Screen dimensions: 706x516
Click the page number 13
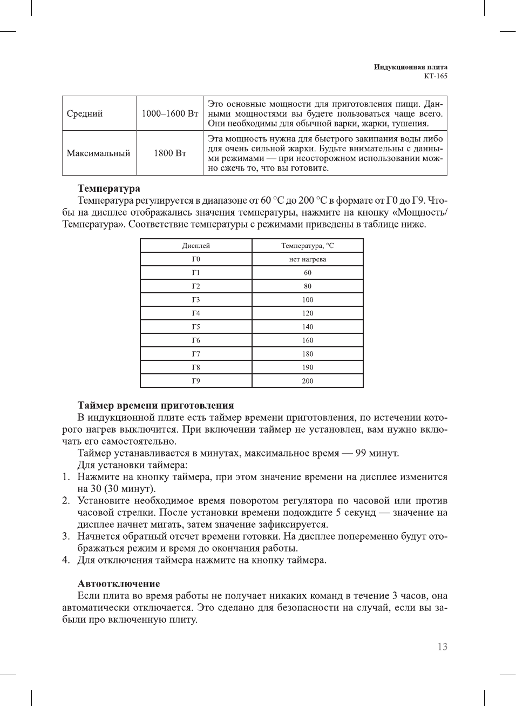(x=442, y=647)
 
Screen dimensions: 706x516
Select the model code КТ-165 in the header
(x=435, y=76)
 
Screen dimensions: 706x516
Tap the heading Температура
(x=108, y=189)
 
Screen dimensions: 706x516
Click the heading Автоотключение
(x=119, y=584)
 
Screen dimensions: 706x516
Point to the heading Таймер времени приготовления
(x=155, y=406)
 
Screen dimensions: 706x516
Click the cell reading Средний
(x=85, y=113)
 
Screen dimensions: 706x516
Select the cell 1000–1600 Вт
(x=170, y=113)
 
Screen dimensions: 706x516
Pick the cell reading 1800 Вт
(x=170, y=153)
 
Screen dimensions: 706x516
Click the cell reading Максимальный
(x=98, y=153)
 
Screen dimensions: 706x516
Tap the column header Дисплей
(x=196, y=246)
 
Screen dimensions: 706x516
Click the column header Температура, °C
(x=307, y=246)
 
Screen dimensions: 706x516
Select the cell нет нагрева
(x=307, y=259)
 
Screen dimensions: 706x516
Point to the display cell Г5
(x=196, y=327)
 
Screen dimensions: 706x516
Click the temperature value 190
(x=307, y=367)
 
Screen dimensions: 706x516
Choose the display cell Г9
(x=196, y=381)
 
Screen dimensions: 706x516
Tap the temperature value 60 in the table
(x=307, y=273)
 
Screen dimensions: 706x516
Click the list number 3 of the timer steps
(x=65, y=536)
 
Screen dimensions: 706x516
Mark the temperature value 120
(x=307, y=313)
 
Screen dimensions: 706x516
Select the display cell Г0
(x=196, y=259)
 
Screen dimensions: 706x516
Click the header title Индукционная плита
(x=411, y=67)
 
